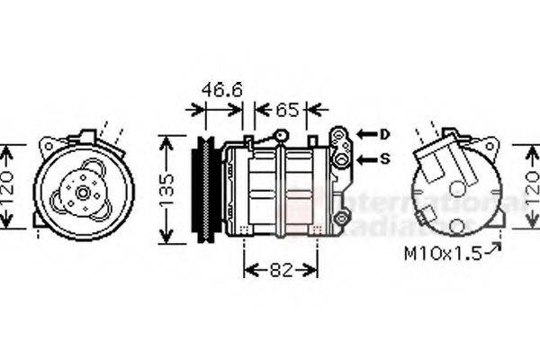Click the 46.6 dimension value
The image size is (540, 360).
tap(220, 90)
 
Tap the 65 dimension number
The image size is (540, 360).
tap(286, 111)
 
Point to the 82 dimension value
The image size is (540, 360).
tap(281, 269)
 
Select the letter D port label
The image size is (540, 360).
tap(384, 134)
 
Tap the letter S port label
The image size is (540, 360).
tap(384, 160)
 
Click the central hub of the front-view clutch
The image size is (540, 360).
tap(83, 192)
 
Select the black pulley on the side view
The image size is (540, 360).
tap(206, 189)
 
